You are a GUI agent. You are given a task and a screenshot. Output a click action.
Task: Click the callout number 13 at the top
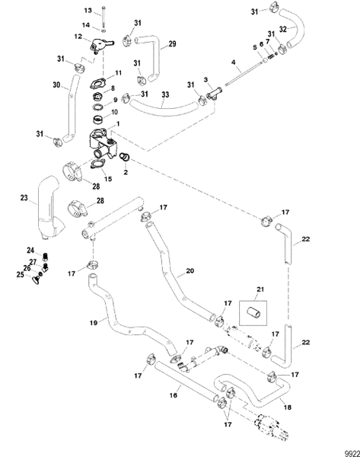click(87, 10)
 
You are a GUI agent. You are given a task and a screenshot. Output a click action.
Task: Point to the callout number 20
click(190, 270)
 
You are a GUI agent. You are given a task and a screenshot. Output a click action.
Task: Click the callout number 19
click(94, 322)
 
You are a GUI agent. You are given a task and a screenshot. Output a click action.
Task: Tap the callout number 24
click(31, 251)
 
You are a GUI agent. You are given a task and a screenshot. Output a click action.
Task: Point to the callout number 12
click(78, 37)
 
